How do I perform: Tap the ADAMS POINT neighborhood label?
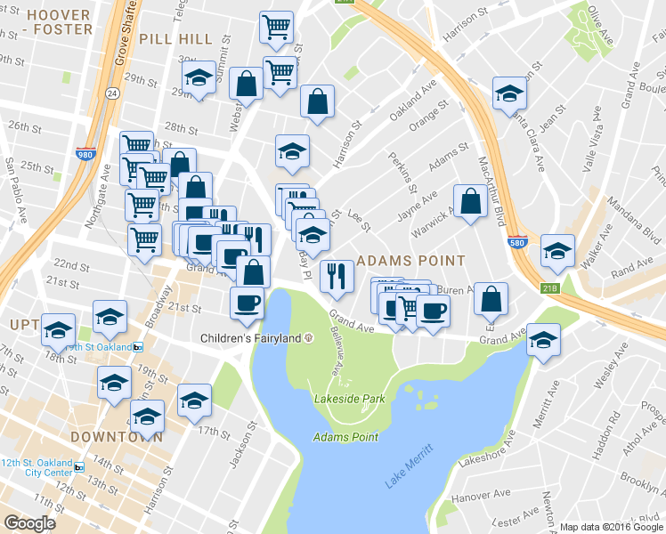(410, 261)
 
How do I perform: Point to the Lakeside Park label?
(349, 399)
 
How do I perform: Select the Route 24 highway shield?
(111, 93)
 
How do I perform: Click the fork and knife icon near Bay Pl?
(336, 275)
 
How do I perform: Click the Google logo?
(29, 523)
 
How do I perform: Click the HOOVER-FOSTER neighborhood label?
(59, 22)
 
